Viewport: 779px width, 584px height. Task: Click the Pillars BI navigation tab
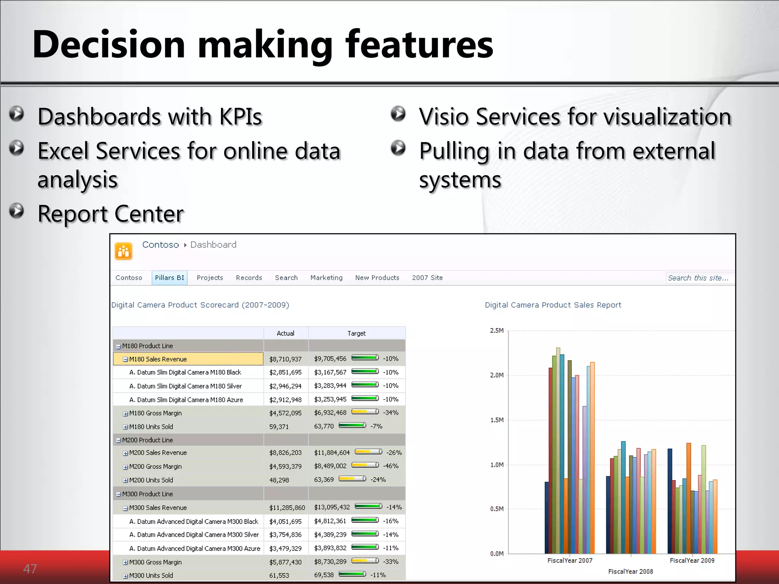click(169, 278)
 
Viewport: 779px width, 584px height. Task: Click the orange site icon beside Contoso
click(124, 251)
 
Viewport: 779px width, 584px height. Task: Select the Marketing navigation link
click(326, 278)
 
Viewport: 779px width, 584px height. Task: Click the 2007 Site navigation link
click(427, 278)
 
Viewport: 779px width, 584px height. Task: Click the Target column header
click(356, 333)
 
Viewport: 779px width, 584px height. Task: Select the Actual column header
click(285, 333)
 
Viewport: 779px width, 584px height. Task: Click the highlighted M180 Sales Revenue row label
click(158, 359)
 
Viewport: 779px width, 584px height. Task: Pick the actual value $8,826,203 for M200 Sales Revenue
click(285, 453)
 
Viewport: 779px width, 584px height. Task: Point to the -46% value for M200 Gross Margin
click(391, 466)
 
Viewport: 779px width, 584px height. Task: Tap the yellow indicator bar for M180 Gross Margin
click(365, 412)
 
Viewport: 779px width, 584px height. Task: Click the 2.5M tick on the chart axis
click(496, 331)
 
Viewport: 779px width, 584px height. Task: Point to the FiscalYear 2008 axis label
click(630, 571)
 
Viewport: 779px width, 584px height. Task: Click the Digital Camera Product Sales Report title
click(553, 305)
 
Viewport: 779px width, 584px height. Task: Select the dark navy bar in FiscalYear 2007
click(547, 517)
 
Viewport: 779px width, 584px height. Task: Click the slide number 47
click(30, 569)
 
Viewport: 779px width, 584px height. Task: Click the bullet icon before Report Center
click(17, 211)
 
